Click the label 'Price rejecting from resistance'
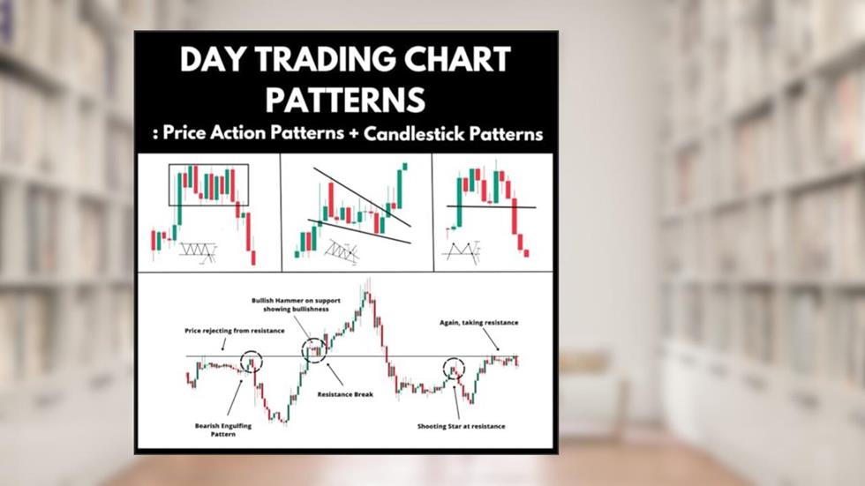(235, 330)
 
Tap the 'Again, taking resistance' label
(479, 323)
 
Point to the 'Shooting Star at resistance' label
(462, 427)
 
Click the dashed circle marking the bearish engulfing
(252, 361)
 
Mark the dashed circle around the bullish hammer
(314, 350)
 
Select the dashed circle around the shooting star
(454, 367)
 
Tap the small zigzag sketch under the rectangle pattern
(198, 252)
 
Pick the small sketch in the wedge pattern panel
(340, 251)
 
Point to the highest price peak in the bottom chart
(365, 284)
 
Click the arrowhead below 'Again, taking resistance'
(496, 349)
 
